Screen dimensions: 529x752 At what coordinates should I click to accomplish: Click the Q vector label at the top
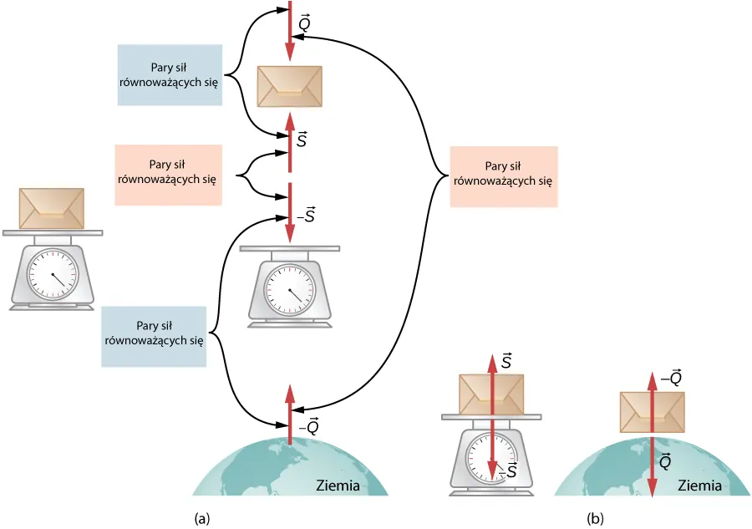[306, 24]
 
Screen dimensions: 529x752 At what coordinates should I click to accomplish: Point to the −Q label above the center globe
[308, 427]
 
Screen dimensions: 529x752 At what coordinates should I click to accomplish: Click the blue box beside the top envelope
[170, 75]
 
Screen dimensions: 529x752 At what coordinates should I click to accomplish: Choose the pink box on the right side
[502, 176]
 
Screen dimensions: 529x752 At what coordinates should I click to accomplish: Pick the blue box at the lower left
[154, 336]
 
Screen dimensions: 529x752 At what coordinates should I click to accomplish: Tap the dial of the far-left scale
[52, 274]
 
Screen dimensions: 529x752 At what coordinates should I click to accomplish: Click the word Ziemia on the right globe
[700, 486]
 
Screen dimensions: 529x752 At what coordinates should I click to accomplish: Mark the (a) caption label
[201, 519]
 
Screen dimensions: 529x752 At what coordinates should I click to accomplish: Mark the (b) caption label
[595, 519]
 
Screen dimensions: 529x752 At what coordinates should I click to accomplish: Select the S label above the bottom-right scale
[506, 361]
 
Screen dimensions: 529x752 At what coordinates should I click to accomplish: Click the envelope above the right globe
[651, 411]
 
